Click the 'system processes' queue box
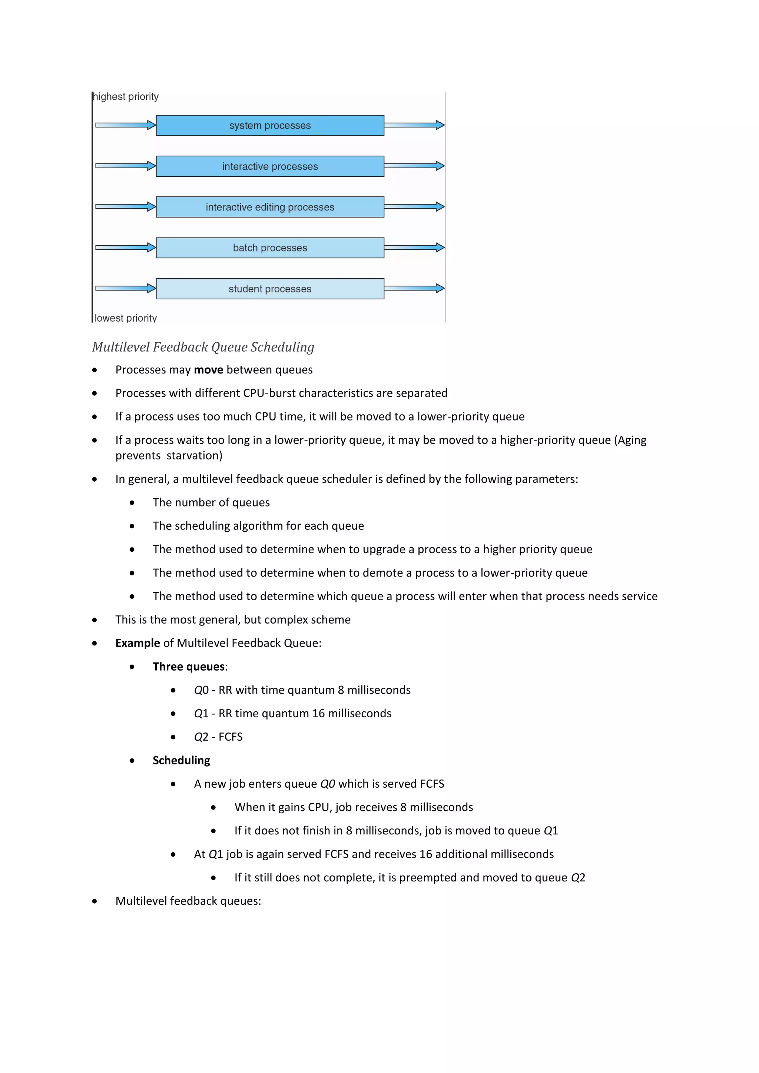pos(270,125)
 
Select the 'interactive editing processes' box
pos(270,207)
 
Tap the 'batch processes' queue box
pos(270,248)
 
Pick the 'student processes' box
pos(270,289)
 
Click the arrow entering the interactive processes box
pos(125,166)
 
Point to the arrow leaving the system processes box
pos(414,125)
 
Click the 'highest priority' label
pos(126,97)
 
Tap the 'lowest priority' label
pos(126,318)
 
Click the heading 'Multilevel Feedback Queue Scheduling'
pos(203,347)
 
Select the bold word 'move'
pos(208,370)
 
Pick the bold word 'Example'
pos(137,643)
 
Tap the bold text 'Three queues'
pos(189,667)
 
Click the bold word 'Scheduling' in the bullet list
pos(181,760)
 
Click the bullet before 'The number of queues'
pos(132,503)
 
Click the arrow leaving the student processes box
pos(414,288)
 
